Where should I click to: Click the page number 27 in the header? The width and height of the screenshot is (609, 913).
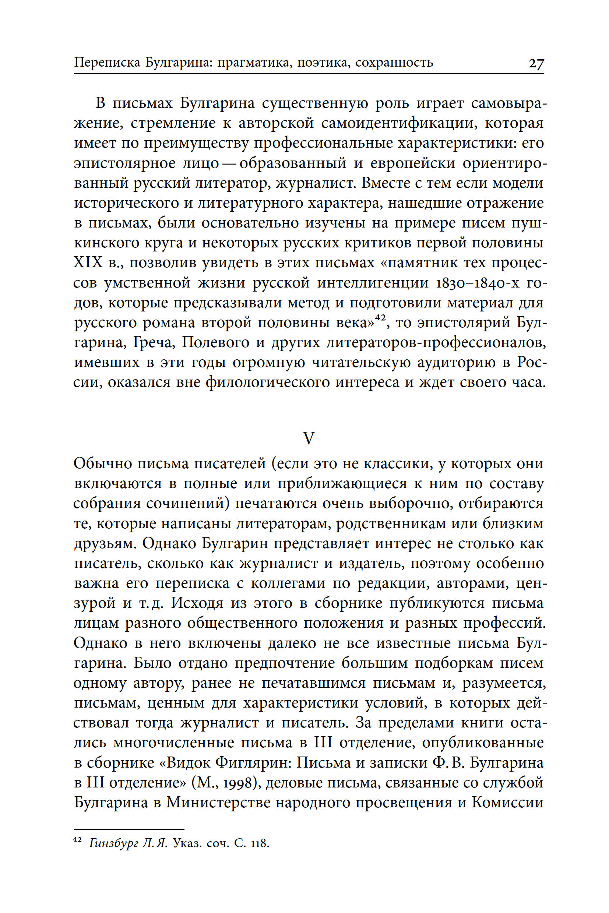click(536, 63)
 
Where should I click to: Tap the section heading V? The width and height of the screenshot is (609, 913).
click(309, 438)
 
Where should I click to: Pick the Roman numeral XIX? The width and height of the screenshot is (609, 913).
click(88, 263)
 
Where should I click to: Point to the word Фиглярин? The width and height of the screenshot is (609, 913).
click(253, 763)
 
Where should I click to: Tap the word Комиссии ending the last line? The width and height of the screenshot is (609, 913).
click(507, 803)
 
